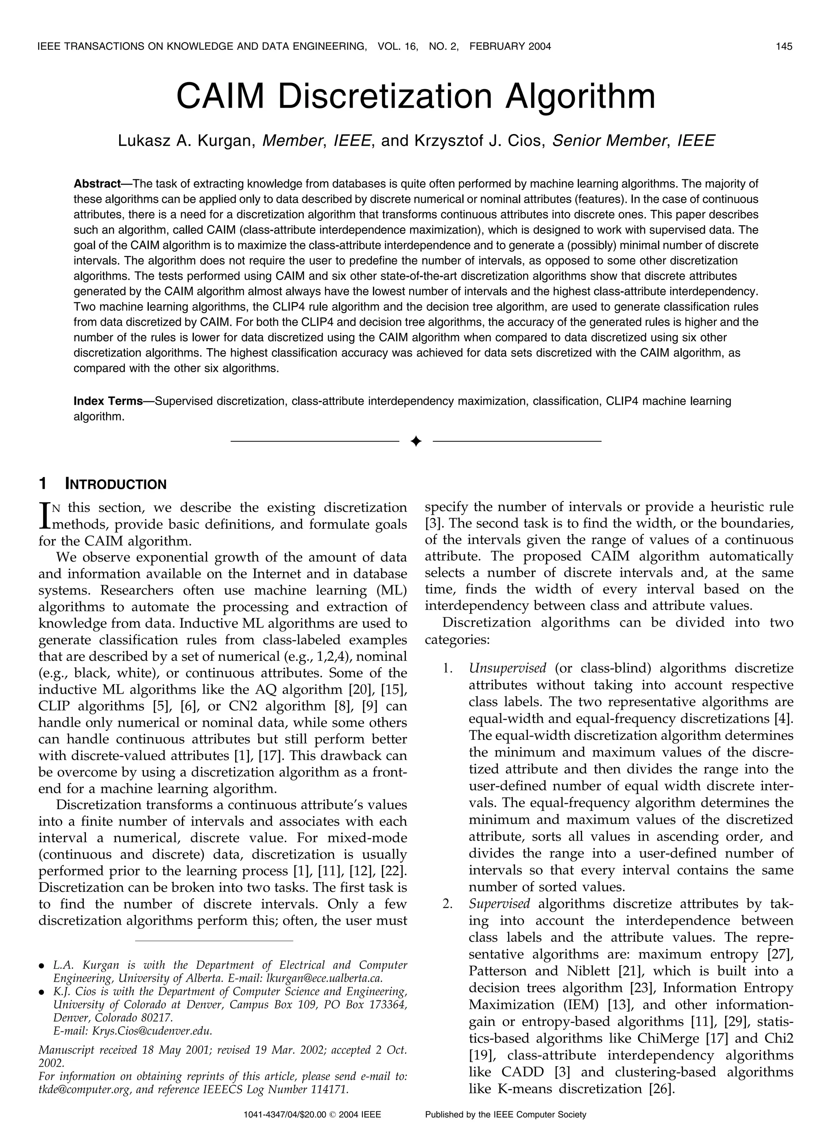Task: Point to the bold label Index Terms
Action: pos(108,402)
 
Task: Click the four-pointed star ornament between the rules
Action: pos(416,442)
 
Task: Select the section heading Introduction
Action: pos(116,485)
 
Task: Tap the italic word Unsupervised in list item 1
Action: pos(507,669)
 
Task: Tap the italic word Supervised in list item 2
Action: pos(499,904)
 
